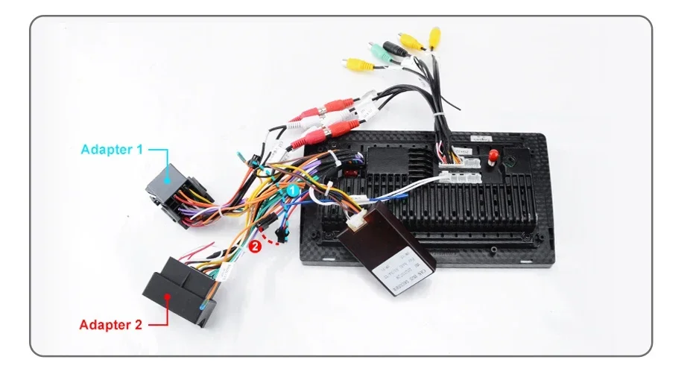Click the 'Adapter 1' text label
pos(111,149)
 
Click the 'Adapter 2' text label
pos(110,324)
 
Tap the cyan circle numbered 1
pos(293,191)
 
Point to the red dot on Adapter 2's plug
pos(168,296)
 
